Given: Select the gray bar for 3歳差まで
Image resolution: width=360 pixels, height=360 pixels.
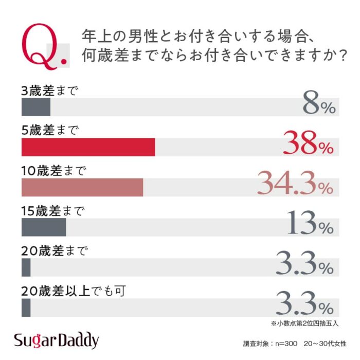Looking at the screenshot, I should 36,107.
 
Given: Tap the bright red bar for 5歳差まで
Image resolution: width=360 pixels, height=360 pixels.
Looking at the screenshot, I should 88,147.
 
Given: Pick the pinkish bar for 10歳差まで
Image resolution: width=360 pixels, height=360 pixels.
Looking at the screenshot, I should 82,187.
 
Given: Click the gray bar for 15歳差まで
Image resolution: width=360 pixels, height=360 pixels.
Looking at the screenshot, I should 44,227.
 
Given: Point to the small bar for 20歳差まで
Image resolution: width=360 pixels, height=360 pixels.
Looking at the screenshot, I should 26,267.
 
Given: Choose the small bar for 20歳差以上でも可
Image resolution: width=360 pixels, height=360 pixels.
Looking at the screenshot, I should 26,308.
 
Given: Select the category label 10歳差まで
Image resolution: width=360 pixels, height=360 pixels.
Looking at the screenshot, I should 54,171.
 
